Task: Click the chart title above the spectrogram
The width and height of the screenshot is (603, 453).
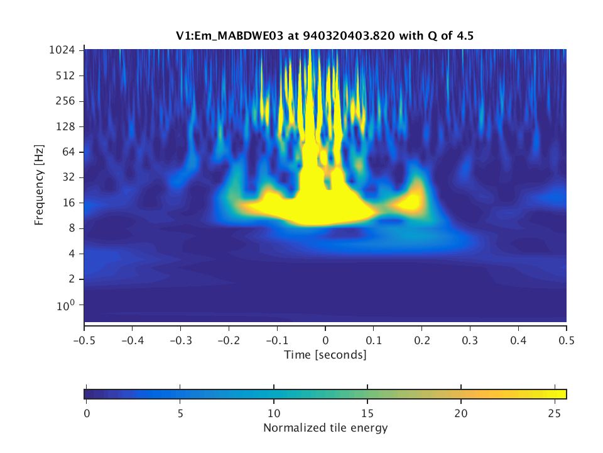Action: pyautogui.click(x=325, y=36)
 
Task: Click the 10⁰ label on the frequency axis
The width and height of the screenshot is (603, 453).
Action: pyautogui.click(x=68, y=305)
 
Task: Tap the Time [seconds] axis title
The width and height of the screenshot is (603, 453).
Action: pyautogui.click(x=325, y=355)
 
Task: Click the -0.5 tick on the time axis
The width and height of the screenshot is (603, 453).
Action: pyautogui.click(x=84, y=340)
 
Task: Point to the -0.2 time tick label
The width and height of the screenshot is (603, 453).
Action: pyautogui.click(x=229, y=340)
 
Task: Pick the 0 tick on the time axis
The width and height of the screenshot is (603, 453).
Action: pyautogui.click(x=325, y=340)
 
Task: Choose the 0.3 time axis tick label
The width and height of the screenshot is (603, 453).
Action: pyautogui.click(x=470, y=340)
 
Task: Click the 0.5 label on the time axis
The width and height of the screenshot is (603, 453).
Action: pyautogui.click(x=567, y=340)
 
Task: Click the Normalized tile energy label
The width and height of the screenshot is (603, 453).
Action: pyautogui.click(x=325, y=428)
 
